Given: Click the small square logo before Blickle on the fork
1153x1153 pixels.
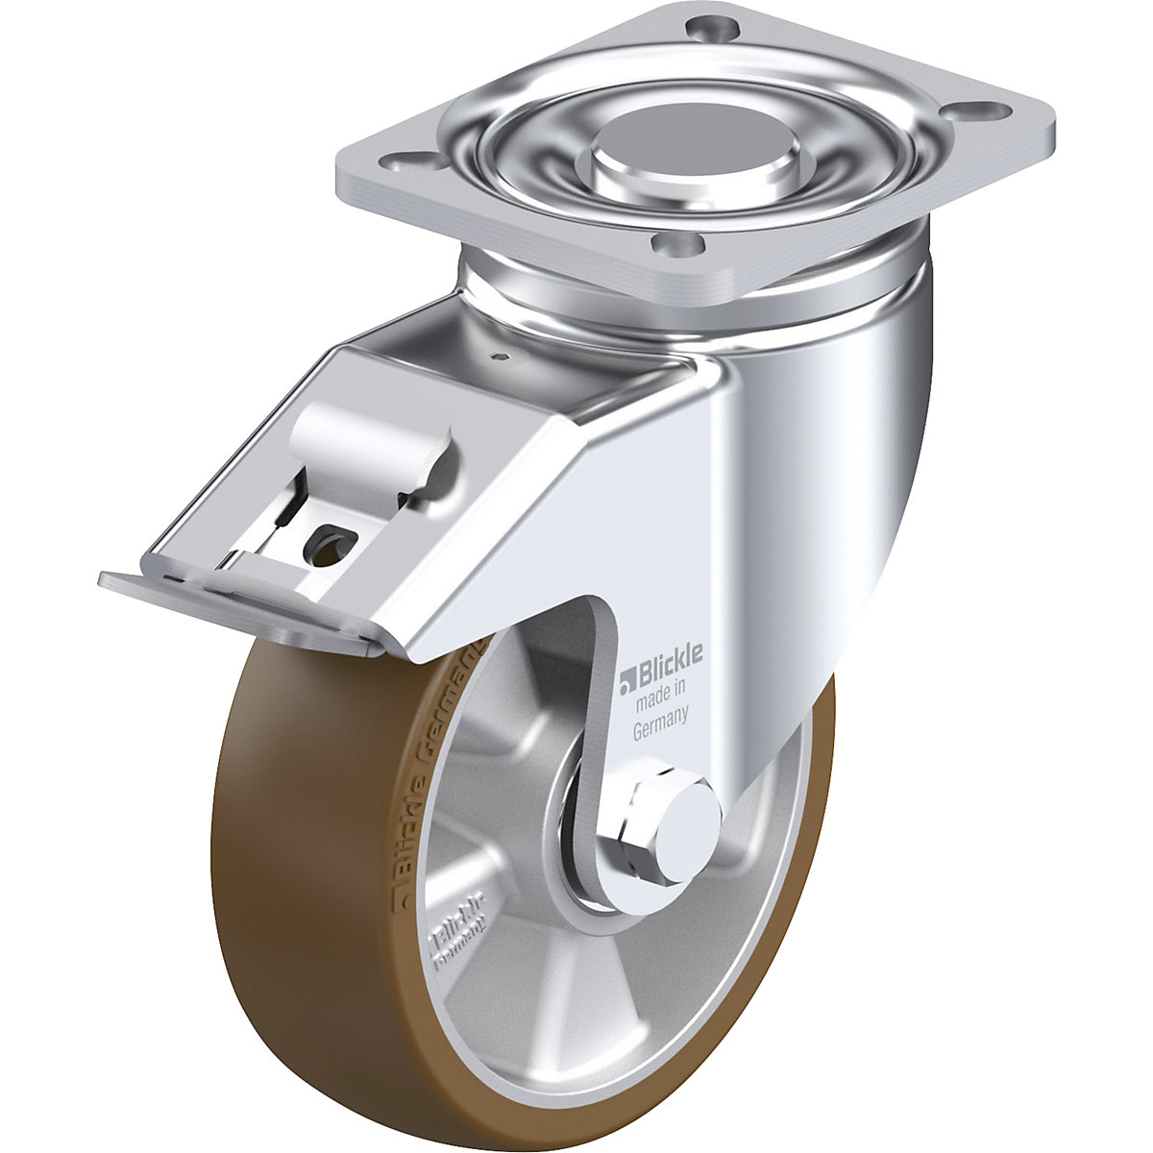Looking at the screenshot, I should tap(626, 683).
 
